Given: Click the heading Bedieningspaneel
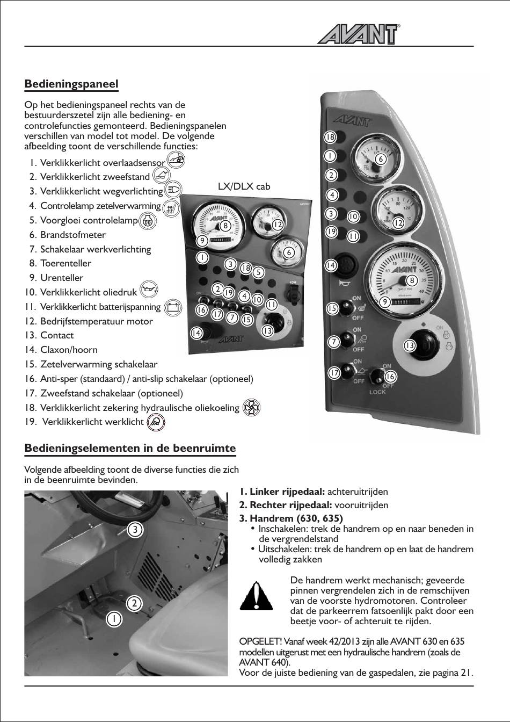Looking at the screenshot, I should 71,84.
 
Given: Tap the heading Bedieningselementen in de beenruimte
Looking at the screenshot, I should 130,448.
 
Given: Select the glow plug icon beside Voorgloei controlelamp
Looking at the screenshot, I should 148,220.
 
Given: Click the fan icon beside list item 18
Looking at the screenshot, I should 251,408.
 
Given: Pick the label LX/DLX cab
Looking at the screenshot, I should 244,186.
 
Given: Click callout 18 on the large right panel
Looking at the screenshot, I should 330,138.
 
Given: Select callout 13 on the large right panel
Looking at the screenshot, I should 410,345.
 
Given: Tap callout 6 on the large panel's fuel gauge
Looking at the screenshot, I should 380,159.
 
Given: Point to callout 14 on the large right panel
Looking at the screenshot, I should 331,265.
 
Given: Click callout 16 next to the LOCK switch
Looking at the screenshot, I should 390,377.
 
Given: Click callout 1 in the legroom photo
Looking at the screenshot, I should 114,618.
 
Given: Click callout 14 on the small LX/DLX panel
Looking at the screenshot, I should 196,333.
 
